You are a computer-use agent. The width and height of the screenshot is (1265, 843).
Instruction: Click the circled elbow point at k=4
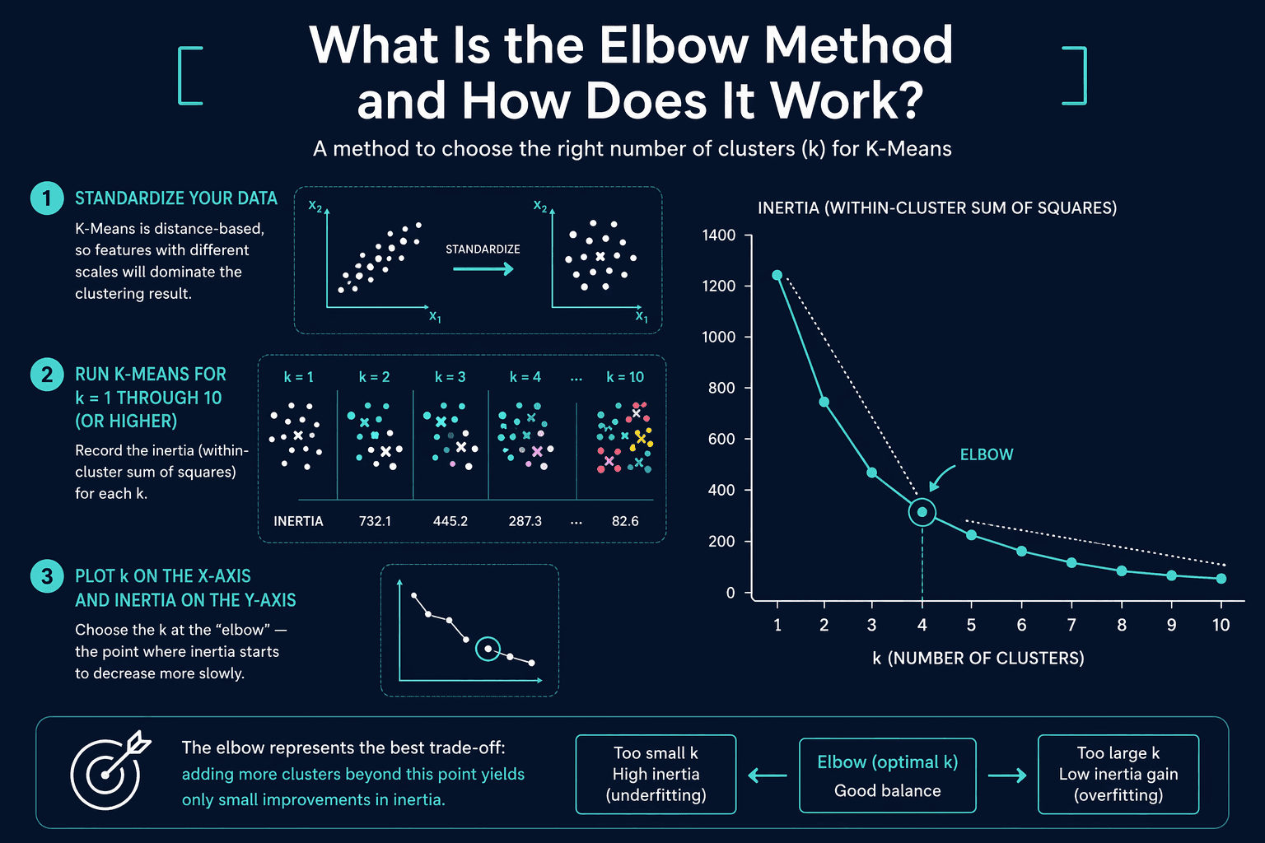[922, 512]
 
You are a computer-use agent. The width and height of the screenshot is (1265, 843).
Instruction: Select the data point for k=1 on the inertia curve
[777, 275]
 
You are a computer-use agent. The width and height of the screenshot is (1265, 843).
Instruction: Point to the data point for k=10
[1221, 578]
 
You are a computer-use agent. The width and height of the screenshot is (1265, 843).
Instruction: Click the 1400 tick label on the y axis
[718, 235]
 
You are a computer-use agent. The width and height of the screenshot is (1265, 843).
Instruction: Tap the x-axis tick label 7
[1071, 625]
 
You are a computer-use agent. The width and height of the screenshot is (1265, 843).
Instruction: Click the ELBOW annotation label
[987, 454]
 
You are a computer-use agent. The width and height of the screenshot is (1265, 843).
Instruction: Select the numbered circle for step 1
[47, 198]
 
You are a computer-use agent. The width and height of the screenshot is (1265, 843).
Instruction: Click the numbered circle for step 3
[47, 576]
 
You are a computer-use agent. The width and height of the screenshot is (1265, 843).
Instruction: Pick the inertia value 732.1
[375, 520]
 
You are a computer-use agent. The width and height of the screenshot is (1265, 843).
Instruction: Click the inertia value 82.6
[625, 520]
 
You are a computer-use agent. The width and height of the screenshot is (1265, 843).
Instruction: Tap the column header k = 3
[450, 376]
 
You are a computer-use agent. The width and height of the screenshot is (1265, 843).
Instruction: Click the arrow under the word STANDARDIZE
[483, 268]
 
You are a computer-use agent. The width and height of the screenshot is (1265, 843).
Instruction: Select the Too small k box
[656, 774]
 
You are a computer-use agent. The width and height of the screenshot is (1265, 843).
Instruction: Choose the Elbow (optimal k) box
[887, 775]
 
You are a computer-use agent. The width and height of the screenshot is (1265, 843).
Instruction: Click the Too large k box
[1118, 774]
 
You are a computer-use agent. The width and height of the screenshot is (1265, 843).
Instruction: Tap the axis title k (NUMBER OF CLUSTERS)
[978, 659]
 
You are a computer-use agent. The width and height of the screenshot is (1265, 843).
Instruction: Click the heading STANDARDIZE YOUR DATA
[176, 198]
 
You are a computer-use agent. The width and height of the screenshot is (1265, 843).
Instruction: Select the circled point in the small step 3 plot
[488, 649]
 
